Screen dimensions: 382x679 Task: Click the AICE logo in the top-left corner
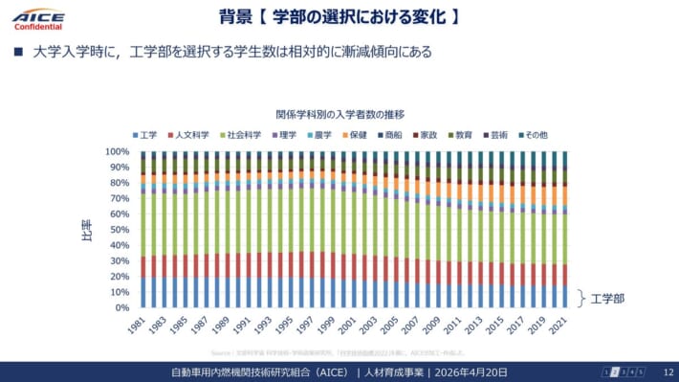(x=38, y=18)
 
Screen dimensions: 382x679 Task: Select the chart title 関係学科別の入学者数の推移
(x=339, y=113)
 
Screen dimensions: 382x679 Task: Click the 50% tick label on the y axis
(x=119, y=230)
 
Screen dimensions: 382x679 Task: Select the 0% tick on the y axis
(x=121, y=308)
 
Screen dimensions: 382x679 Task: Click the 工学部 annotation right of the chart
(x=607, y=298)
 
